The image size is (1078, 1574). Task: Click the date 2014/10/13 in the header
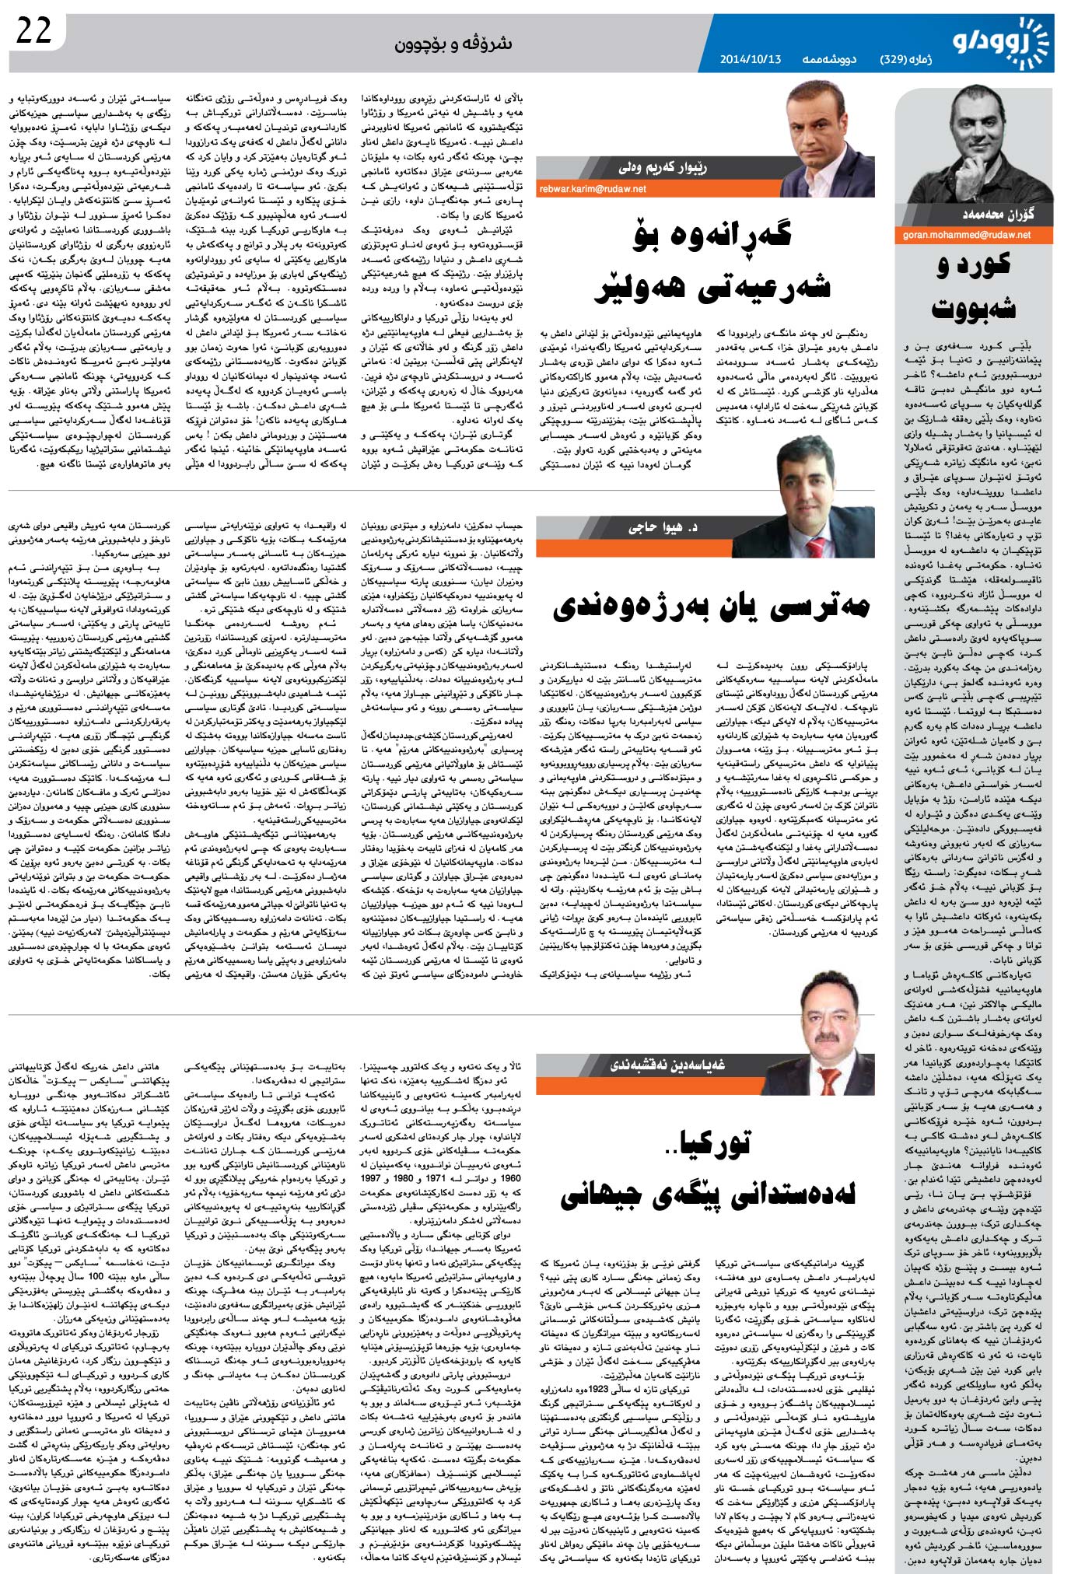[750, 59]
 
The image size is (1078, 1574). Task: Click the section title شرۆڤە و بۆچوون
[453, 44]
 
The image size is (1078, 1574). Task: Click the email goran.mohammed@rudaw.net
[966, 234]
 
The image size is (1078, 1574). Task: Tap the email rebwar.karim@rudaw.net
[593, 189]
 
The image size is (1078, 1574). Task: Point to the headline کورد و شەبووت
[974, 286]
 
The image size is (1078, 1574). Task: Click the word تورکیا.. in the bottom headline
[713, 1142]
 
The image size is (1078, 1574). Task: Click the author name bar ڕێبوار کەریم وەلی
[663, 167]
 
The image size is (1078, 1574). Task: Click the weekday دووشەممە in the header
[829, 59]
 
